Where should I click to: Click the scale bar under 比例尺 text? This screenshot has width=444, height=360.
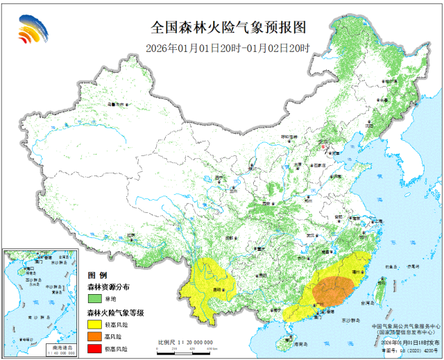[x=184, y=350]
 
